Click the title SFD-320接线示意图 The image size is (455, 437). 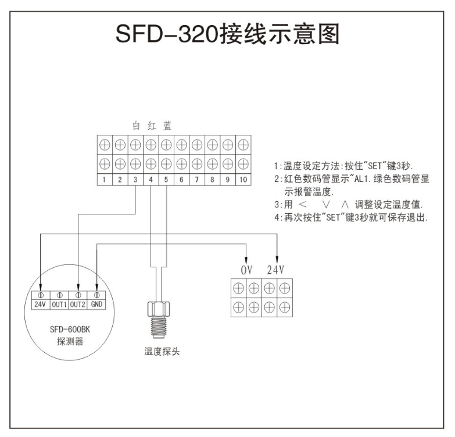[227, 36]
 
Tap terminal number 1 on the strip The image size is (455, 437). [104, 180]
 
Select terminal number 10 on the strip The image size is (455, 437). [242, 180]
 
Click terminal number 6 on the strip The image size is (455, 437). [181, 180]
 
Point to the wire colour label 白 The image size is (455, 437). [136, 125]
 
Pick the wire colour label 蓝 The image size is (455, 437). [167, 125]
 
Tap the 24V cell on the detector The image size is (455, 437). [40, 303]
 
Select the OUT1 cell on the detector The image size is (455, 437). [59, 303]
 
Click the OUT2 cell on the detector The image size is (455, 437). [78, 303]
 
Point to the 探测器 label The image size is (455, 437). [68, 341]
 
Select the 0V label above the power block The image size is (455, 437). [248, 270]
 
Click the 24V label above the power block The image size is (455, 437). [277, 270]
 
